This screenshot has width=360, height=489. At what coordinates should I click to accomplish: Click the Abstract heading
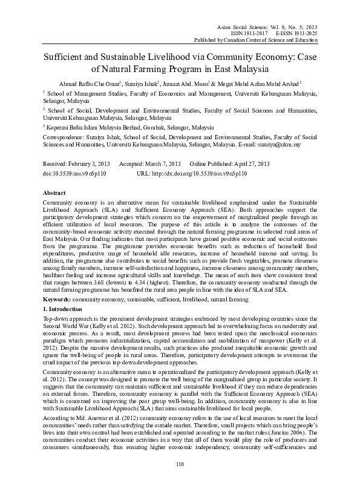tap(56, 192)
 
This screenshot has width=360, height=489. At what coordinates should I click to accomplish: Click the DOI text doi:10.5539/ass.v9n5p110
tap(74, 173)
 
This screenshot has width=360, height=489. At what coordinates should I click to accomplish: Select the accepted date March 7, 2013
tap(159, 164)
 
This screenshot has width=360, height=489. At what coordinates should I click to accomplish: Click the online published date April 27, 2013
tap(247, 164)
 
